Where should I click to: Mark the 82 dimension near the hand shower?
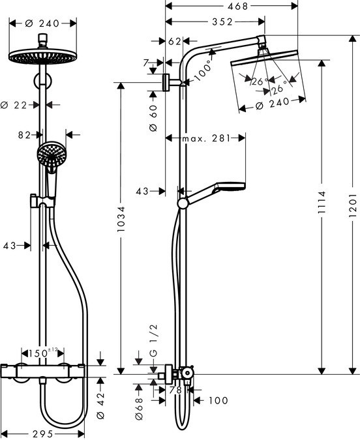click(25, 135)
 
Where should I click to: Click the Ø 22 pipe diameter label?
click(14, 104)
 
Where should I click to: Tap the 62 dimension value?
click(173, 41)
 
